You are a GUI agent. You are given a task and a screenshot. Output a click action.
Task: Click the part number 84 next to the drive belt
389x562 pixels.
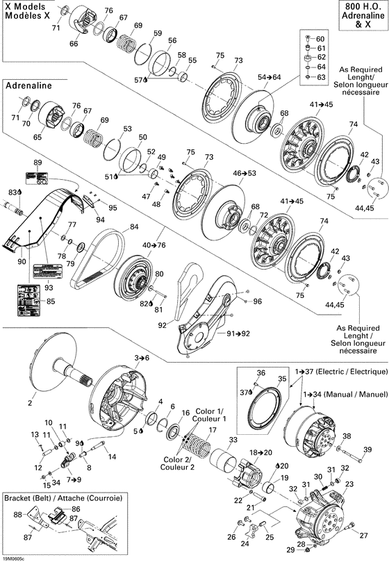134,226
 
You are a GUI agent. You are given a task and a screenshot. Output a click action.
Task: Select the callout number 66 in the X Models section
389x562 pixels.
73,43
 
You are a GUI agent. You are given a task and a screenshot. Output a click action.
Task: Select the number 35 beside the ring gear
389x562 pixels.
281,379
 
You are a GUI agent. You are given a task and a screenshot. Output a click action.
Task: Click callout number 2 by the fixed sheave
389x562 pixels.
30,401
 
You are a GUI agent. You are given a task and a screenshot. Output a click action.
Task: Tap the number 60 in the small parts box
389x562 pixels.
320,38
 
